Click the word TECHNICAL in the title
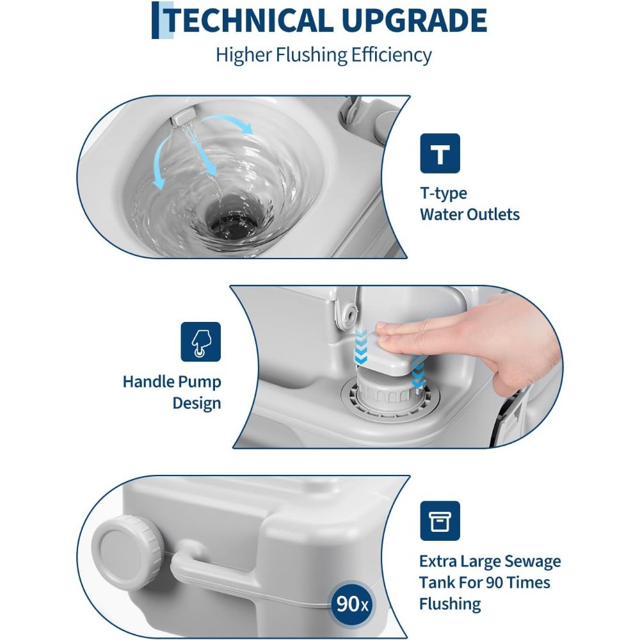(x=248, y=20)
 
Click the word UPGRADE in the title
(x=415, y=20)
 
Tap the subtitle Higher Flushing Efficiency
(x=323, y=54)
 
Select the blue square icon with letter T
(x=440, y=154)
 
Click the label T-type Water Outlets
(x=470, y=204)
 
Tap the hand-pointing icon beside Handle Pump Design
(x=201, y=342)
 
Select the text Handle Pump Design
(x=172, y=392)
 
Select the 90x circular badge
(x=351, y=604)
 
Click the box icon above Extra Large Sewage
(x=440, y=521)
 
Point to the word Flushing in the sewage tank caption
(x=450, y=604)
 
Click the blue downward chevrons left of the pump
(x=361, y=347)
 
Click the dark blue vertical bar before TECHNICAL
(x=156, y=20)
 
